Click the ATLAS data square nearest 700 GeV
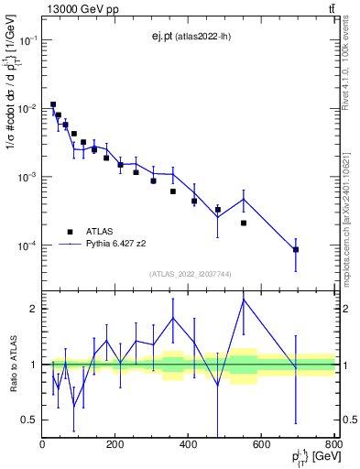tap(296, 249)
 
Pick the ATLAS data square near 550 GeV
tap(244, 223)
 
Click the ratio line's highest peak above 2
tap(244, 300)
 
